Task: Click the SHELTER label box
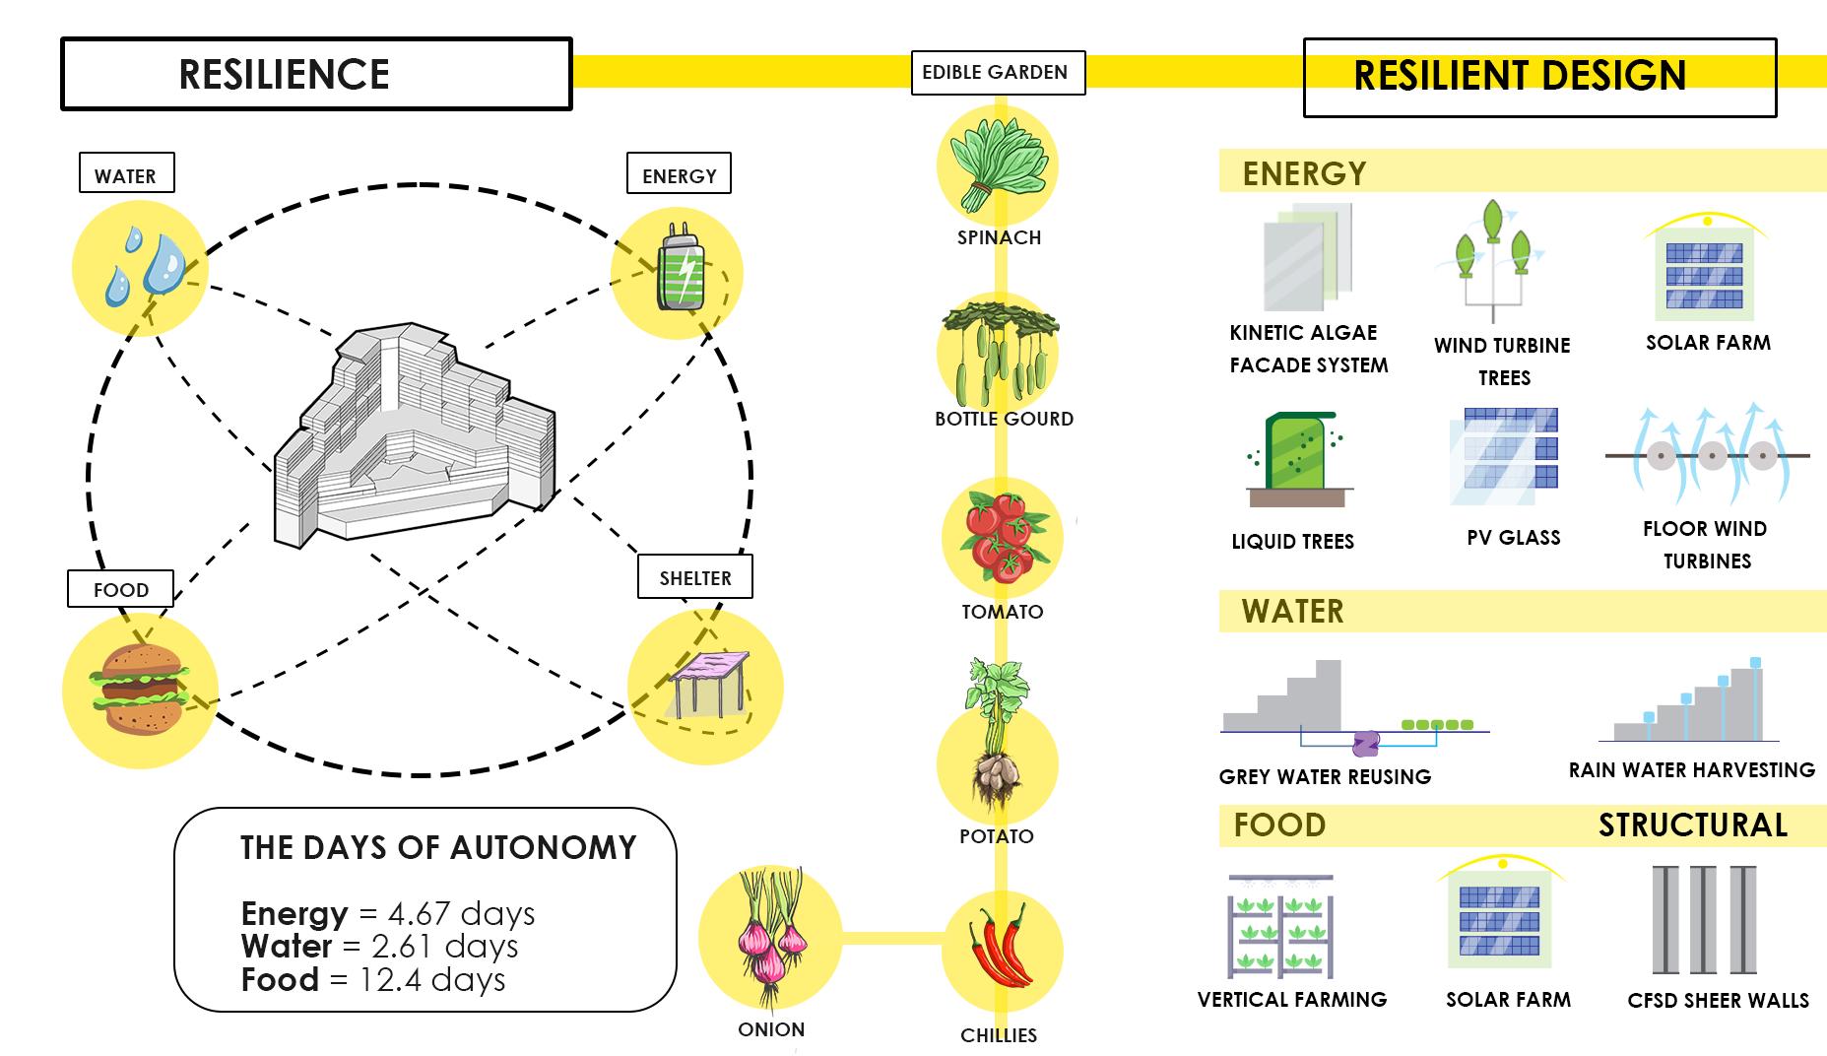tap(694, 577)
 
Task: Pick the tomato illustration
tap(1001, 538)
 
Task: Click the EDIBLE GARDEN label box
tap(997, 73)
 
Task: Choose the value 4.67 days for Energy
tap(461, 913)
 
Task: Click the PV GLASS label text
tap(1513, 538)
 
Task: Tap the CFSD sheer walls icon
tap(1704, 920)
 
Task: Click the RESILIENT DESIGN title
tap(1520, 76)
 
